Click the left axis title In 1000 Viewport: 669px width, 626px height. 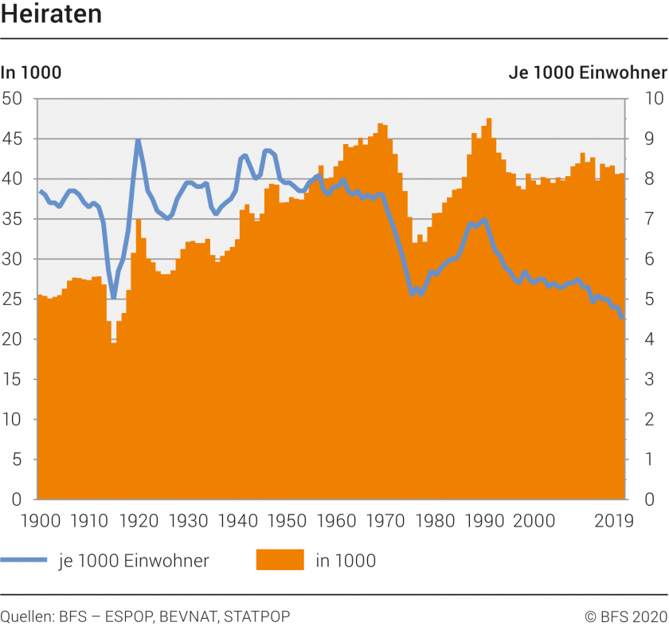pos(31,73)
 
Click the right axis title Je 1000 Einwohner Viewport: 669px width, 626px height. pos(588,73)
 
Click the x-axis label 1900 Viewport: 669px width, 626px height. pos(38,521)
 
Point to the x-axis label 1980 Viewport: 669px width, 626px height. pos(434,521)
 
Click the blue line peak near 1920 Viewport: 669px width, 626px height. pos(138,140)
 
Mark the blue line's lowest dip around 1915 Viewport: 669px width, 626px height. pos(114,297)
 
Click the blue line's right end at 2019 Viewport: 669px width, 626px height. pos(622,318)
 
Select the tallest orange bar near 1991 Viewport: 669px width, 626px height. pos(488,119)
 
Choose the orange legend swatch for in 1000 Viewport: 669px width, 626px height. pos(280,560)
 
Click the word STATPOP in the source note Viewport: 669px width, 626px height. pos(257,616)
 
